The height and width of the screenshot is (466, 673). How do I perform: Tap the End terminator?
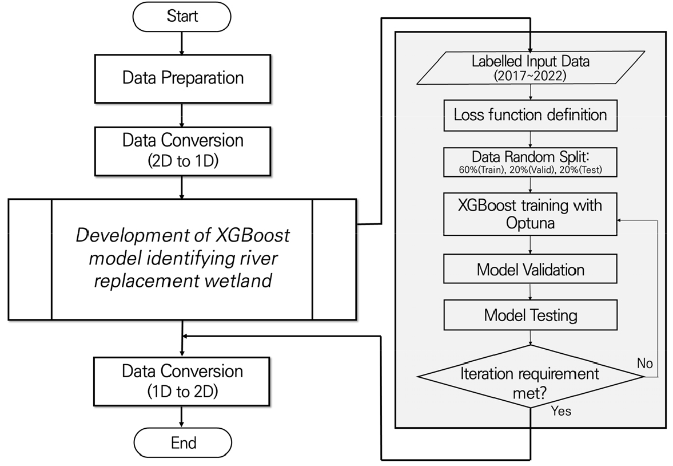[x=182, y=442]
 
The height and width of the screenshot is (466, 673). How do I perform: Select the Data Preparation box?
[x=182, y=77]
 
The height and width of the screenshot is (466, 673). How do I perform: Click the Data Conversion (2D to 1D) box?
[x=182, y=149]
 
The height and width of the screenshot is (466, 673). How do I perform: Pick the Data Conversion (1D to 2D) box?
[x=182, y=380]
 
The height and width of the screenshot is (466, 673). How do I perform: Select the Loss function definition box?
[x=530, y=114]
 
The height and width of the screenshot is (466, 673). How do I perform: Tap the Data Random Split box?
[x=530, y=163]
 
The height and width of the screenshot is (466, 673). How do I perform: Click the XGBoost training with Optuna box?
[x=530, y=214]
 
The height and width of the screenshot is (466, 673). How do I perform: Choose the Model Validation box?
[x=530, y=269]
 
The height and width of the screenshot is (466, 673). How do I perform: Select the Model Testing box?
[x=530, y=315]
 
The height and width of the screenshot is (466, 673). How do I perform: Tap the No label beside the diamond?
[x=644, y=363]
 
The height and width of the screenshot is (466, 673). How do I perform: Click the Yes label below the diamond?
[x=560, y=410]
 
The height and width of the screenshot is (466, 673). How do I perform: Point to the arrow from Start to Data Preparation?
[x=182, y=45]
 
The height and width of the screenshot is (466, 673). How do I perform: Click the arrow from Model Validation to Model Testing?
[x=531, y=292]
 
